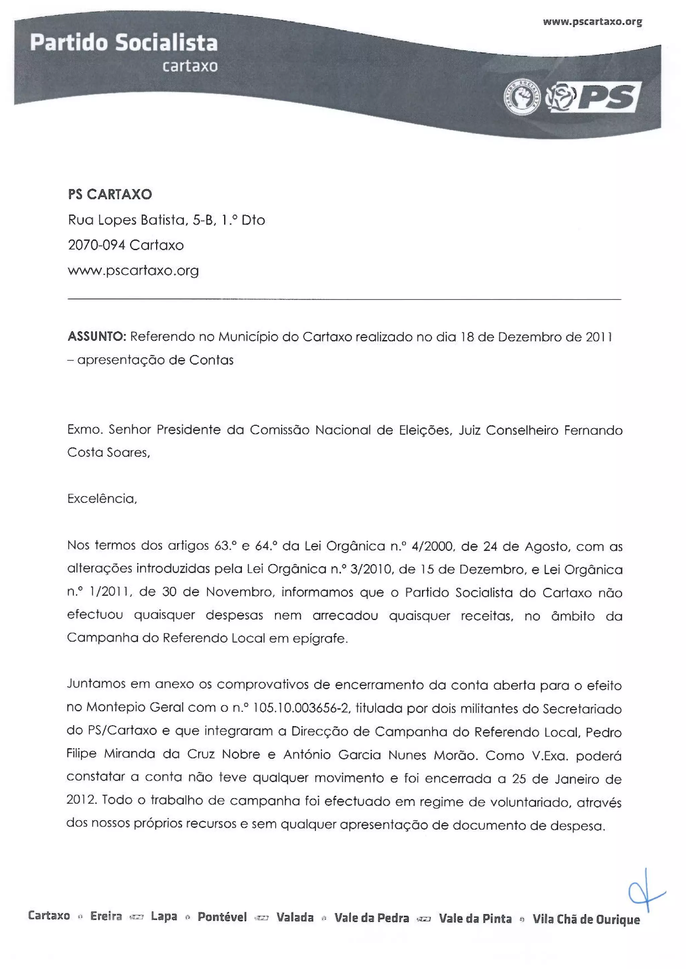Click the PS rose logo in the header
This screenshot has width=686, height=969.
(x=593, y=97)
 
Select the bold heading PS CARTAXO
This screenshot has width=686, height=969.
(x=110, y=194)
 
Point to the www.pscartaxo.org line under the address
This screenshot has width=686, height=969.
(x=133, y=270)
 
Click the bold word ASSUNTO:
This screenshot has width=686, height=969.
(x=96, y=337)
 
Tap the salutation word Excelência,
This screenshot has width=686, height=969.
(x=102, y=499)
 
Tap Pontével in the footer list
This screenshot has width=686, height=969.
(x=222, y=917)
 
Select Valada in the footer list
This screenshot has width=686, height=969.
(x=295, y=917)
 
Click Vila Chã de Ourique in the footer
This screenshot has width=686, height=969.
(x=586, y=919)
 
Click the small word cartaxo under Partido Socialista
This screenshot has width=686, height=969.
(x=190, y=66)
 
